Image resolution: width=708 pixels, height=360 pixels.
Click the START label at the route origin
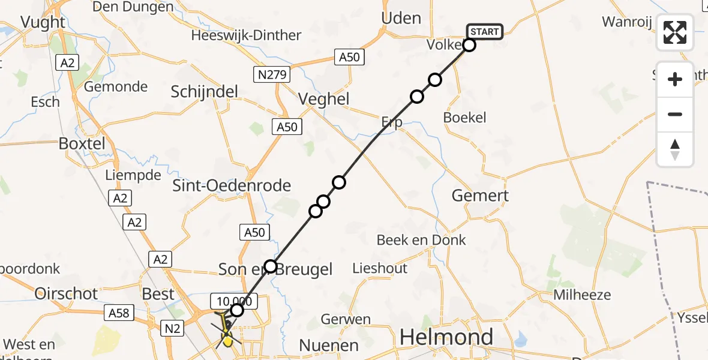tap(485, 31)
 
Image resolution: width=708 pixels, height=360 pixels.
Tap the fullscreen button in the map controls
tap(675, 32)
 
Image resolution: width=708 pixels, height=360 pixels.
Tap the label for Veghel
tap(324, 99)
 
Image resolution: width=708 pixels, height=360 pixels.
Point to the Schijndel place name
tap(205, 92)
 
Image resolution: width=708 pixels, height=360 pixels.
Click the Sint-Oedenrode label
tap(232, 185)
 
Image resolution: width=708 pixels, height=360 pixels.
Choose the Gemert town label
tap(480, 196)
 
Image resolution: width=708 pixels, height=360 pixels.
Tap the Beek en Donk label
tap(421, 241)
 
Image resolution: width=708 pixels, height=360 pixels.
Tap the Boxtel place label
tap(82, 144)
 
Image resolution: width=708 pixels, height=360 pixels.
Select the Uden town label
tap(401, 18)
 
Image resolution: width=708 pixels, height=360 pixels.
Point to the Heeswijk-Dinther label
tap(246, 35)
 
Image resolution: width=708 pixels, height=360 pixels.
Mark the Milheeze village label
tap(582, 295)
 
